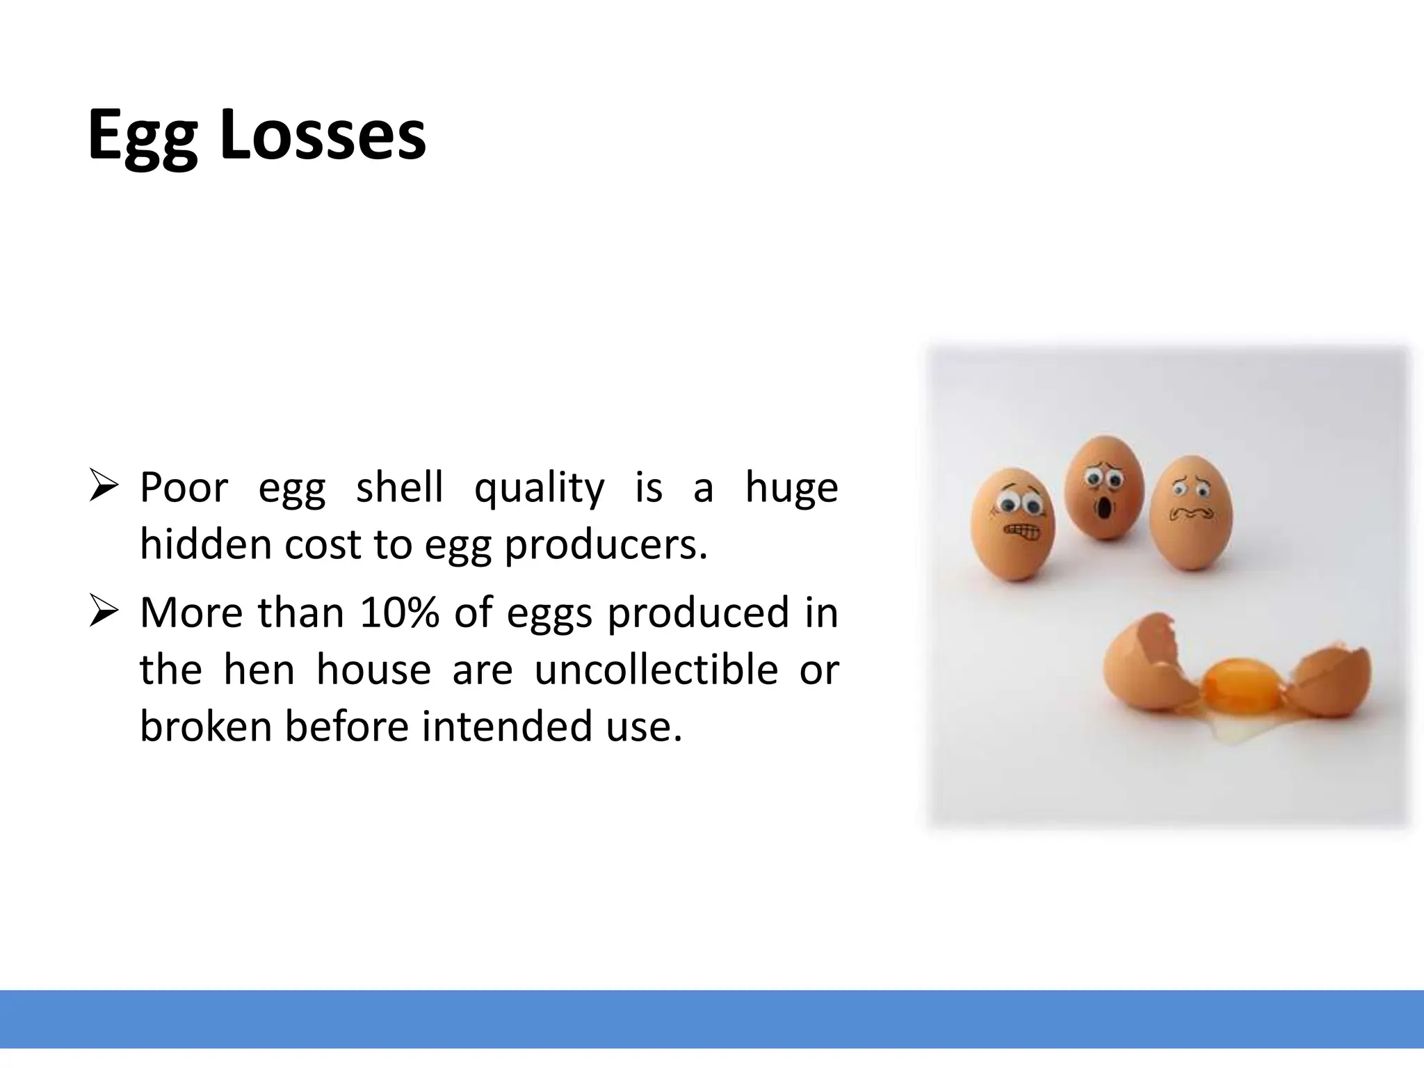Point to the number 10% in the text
coord(399,613)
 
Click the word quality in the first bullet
coord(539,488)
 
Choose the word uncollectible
coord(656,670)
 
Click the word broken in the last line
coord(206,726)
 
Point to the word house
coord(373,670)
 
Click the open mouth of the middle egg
coord(1103,510)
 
